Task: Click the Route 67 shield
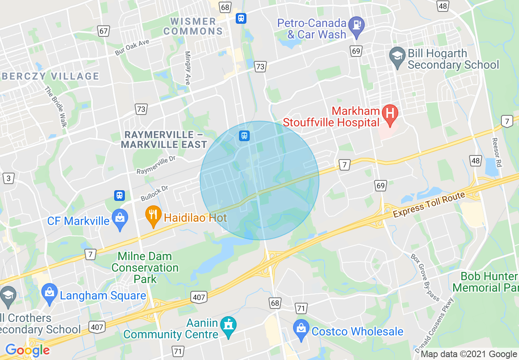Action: coord(104,31)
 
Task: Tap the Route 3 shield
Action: coord(8,178)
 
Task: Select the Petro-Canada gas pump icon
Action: coord(357,25)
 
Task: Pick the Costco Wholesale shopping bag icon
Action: coord(301,329)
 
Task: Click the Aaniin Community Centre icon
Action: coord(228,326)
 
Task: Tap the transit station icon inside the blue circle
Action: coord(244,135)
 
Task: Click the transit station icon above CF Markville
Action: coord(119,196)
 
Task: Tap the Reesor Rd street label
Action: coord(497,152)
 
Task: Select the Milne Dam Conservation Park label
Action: coord(145,268)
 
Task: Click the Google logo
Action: coord(27,350)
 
